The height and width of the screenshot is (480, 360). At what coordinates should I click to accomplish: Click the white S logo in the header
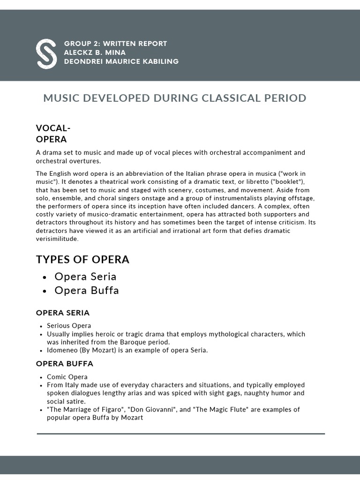[x=46, y=53]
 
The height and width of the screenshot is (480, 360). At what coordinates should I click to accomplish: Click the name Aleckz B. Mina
[x=95, y=52]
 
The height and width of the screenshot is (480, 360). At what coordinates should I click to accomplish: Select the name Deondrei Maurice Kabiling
[x=121, y=61]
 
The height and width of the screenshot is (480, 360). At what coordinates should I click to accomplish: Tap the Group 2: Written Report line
[x=115, y=44]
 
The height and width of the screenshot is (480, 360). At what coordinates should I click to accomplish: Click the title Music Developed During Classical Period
[x=174, y=98]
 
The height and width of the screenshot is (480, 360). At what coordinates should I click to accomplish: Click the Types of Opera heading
[x=82, y=260]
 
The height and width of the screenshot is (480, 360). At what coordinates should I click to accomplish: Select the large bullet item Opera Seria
[x=85, y=277]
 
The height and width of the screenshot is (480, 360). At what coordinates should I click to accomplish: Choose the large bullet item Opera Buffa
[x=87, y=291]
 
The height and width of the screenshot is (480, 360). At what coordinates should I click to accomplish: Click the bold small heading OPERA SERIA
[x=63, y=313]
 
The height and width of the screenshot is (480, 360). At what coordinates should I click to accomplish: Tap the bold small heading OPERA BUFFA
[x=65, y=364]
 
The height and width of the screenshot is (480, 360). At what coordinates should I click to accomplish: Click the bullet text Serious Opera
[x=69, y=326]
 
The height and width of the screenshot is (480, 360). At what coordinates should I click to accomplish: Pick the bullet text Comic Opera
[x=67, y=377]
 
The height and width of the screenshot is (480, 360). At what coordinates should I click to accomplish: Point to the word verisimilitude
[x=57, y=239]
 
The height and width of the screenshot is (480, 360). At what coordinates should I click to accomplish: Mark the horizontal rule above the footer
[x=180, y=434]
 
